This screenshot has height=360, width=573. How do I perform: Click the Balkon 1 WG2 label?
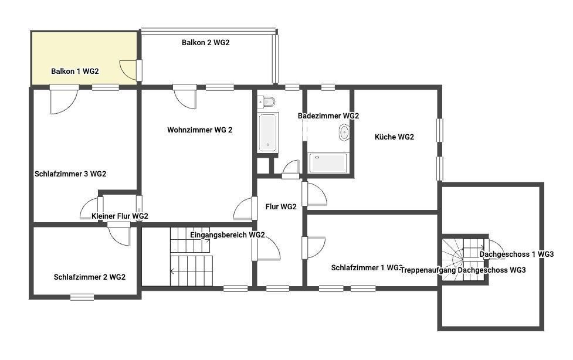click(75, 72)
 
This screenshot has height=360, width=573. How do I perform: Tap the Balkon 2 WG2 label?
click(206, 42)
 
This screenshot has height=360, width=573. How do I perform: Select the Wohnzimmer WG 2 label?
click(200, 130)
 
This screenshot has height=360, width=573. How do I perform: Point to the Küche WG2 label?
click(394, 137)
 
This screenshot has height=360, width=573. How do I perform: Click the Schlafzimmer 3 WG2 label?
click(70, 174)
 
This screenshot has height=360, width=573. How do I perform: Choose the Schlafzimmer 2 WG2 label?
click(90, 277)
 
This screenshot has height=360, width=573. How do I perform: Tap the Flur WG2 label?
click(281, 207)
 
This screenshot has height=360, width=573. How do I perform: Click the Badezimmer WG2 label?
click(328, 116)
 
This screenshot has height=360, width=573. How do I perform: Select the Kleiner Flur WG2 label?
click(120, 216)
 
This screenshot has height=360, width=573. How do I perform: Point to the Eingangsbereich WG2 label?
click(228, 235)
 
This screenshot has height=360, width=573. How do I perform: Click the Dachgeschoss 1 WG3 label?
click(517, 254)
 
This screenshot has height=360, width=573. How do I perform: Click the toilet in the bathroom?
click(266, 101)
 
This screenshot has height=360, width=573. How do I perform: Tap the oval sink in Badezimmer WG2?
click(344, 133)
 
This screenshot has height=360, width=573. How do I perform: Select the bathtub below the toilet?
click(268, 133)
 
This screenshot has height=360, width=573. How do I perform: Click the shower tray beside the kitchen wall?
click(328, 163)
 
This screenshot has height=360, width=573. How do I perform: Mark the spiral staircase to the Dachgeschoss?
click(464, 260)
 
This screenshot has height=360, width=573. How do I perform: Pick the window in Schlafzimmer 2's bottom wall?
click(82, 297)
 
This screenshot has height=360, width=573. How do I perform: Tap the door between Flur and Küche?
click(314, 193)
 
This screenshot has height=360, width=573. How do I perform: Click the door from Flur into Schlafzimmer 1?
click(314, 248)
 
